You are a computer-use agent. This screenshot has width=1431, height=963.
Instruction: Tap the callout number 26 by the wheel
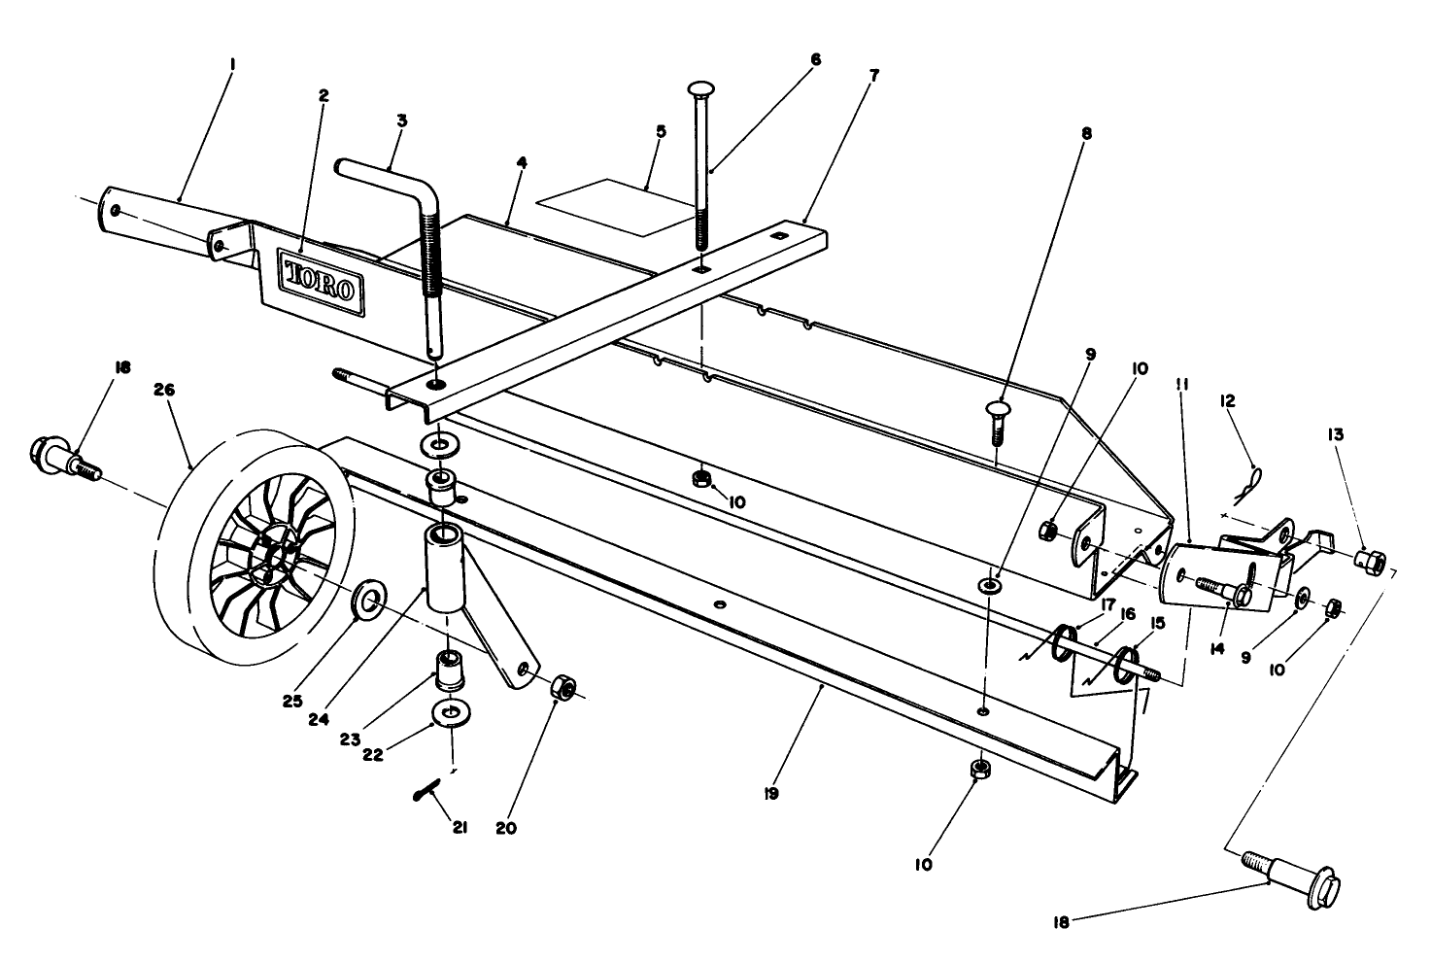click(x=164, y=390)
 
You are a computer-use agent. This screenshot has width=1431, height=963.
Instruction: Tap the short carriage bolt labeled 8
click(x=998, y=421)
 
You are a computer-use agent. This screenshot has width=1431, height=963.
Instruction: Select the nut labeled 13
click(x=1372, y=561)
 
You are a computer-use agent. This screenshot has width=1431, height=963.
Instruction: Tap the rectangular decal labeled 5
click(x=607, y=206)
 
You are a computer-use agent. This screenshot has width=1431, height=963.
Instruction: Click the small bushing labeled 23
click(x=451, y=670)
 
